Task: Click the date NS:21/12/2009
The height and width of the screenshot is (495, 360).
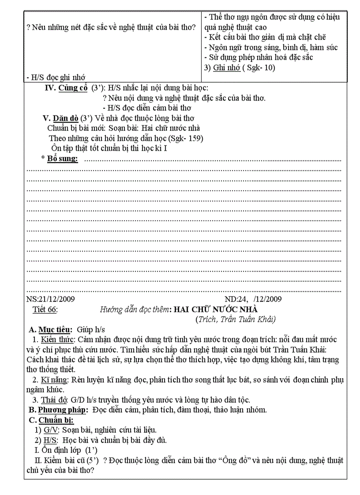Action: click(51, 299)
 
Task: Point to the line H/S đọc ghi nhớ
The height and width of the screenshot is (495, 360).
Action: click(56, 77)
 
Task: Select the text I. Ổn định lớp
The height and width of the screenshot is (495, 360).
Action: click(66, 450)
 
